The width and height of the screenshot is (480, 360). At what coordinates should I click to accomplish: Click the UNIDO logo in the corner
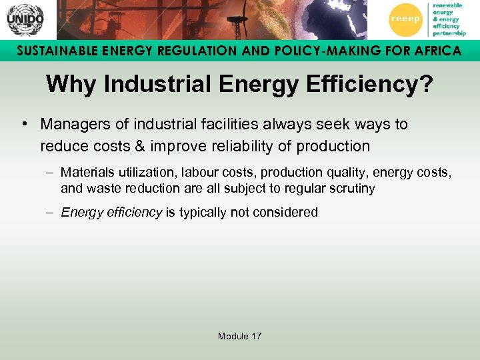(x=25, y=20)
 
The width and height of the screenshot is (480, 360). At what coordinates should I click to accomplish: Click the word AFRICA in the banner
(x=433, y=51)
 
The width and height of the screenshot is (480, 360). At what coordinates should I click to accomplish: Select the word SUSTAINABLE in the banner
(x=55, y=51)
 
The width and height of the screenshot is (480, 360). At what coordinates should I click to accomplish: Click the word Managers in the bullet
(x=71, y=125)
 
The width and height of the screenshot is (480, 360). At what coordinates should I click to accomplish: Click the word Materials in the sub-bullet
(x=86, y=173)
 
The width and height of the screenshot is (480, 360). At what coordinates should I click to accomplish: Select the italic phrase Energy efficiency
(x=111, y=213)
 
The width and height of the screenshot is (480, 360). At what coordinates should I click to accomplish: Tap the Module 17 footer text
(x=239, y=336)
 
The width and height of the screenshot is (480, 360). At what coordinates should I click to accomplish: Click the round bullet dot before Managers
(x=23, y=125)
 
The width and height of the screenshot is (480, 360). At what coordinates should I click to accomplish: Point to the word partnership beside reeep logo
(x=451, y=33)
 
